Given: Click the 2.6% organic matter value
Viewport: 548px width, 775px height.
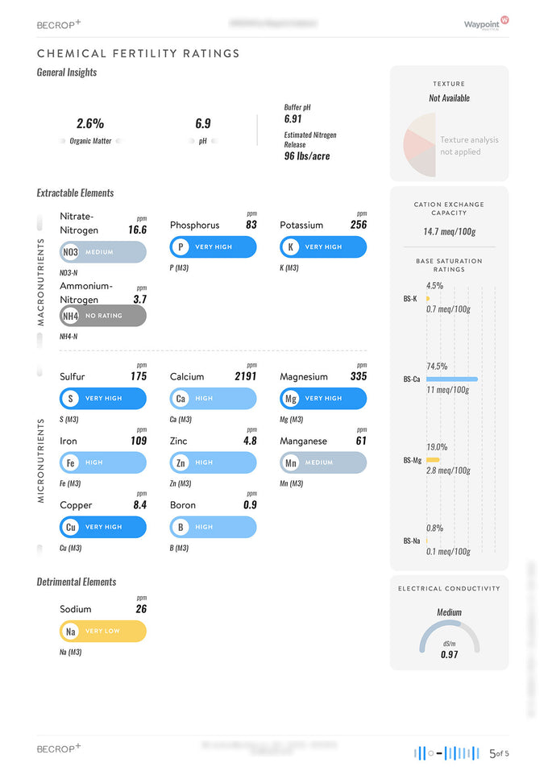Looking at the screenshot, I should pyautogui.click(x=90, y=123).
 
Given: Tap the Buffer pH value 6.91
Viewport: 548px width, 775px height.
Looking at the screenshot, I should pyautogui.click(x=293, y=118).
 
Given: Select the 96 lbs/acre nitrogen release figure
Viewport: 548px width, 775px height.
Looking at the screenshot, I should pyautogui.click(x=307, y=155).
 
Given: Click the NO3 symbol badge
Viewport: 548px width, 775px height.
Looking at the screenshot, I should pyautogui.click(x=70, y=252).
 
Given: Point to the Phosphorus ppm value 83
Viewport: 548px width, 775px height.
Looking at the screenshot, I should pyautogui.click(x=251, y=225).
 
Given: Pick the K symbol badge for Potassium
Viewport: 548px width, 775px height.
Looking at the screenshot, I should pyautogui.click(x=290, y=247).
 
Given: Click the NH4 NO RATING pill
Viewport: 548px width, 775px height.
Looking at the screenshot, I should pyautogui.click(x=103, y=316).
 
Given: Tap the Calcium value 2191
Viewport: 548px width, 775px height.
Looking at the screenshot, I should pyautogui.click(x=246, y=376).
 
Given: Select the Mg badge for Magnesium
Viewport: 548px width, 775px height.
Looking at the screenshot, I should pyautogui.click(x=291, y=398).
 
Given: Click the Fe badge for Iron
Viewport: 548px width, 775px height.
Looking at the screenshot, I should pyautogui.click(x=71, y=462).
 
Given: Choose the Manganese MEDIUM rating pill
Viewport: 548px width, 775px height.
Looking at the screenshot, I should pyautogui.click(x=323, y=462).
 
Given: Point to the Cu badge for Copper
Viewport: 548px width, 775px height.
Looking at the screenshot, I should pyautogui.click(x=71, y=527).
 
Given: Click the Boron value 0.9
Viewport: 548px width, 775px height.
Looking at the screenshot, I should pyautogui.click(x=250, y=505).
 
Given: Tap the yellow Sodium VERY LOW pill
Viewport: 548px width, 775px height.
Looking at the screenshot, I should pyautogui.click(x=103, y=631).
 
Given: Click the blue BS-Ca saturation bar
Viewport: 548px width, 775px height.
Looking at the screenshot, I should pyautogui.click(x=451, y=379).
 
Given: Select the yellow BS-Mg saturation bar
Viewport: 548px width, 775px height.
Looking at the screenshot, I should pyautogui.click(x=433, y=459).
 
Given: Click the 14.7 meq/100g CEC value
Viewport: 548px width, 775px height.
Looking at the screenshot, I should pyautogui.click(x=449, y=232).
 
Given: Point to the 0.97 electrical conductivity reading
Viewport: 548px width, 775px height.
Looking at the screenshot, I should pyautogui.click(x=449, y=655).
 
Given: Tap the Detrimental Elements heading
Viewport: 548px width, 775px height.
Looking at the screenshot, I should pyautogui.click(x=77, y=582).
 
